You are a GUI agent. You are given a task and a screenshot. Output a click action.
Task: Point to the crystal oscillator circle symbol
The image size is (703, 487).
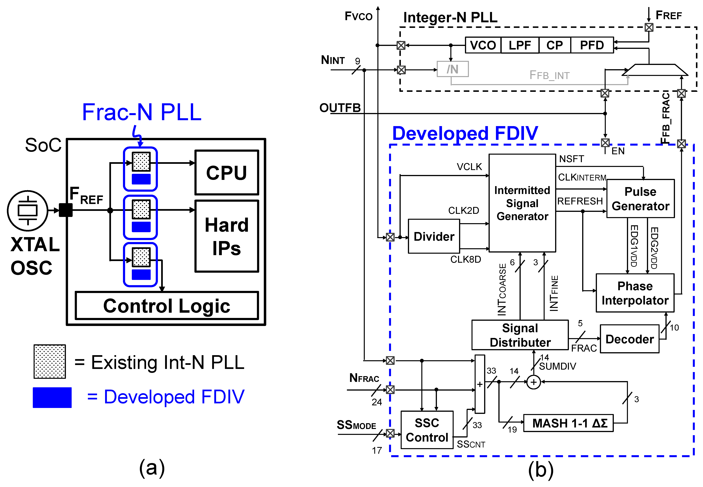[x=28, y=211]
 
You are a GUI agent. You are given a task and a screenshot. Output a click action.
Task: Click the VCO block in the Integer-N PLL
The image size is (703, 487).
[x=483, y=45]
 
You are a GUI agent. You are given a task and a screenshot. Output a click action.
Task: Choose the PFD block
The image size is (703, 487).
[x=592, y=45]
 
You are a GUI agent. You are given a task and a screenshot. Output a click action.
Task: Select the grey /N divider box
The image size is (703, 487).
[x=452, y=69]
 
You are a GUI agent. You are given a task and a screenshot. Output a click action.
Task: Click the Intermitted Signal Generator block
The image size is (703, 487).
[x=522, y=203]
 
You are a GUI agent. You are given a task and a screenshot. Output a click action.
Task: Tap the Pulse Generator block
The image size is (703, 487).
[x=640, y=199]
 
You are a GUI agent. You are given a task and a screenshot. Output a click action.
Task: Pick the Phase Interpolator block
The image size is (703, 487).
[x=635, y=293]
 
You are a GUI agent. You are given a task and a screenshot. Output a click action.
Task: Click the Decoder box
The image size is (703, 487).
[x=629, y=339]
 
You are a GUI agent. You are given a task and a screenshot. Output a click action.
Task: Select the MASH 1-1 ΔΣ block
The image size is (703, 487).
[x=568, y=423]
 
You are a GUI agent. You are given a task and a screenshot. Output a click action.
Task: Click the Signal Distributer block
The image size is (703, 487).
[x=520, y=335]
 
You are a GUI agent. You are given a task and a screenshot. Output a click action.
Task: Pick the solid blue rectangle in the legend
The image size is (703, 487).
[x=52, y=397]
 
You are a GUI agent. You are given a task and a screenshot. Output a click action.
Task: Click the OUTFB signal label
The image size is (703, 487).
[x=340, y=108]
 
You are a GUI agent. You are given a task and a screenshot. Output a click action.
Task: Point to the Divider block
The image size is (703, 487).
[x=434, y=236]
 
